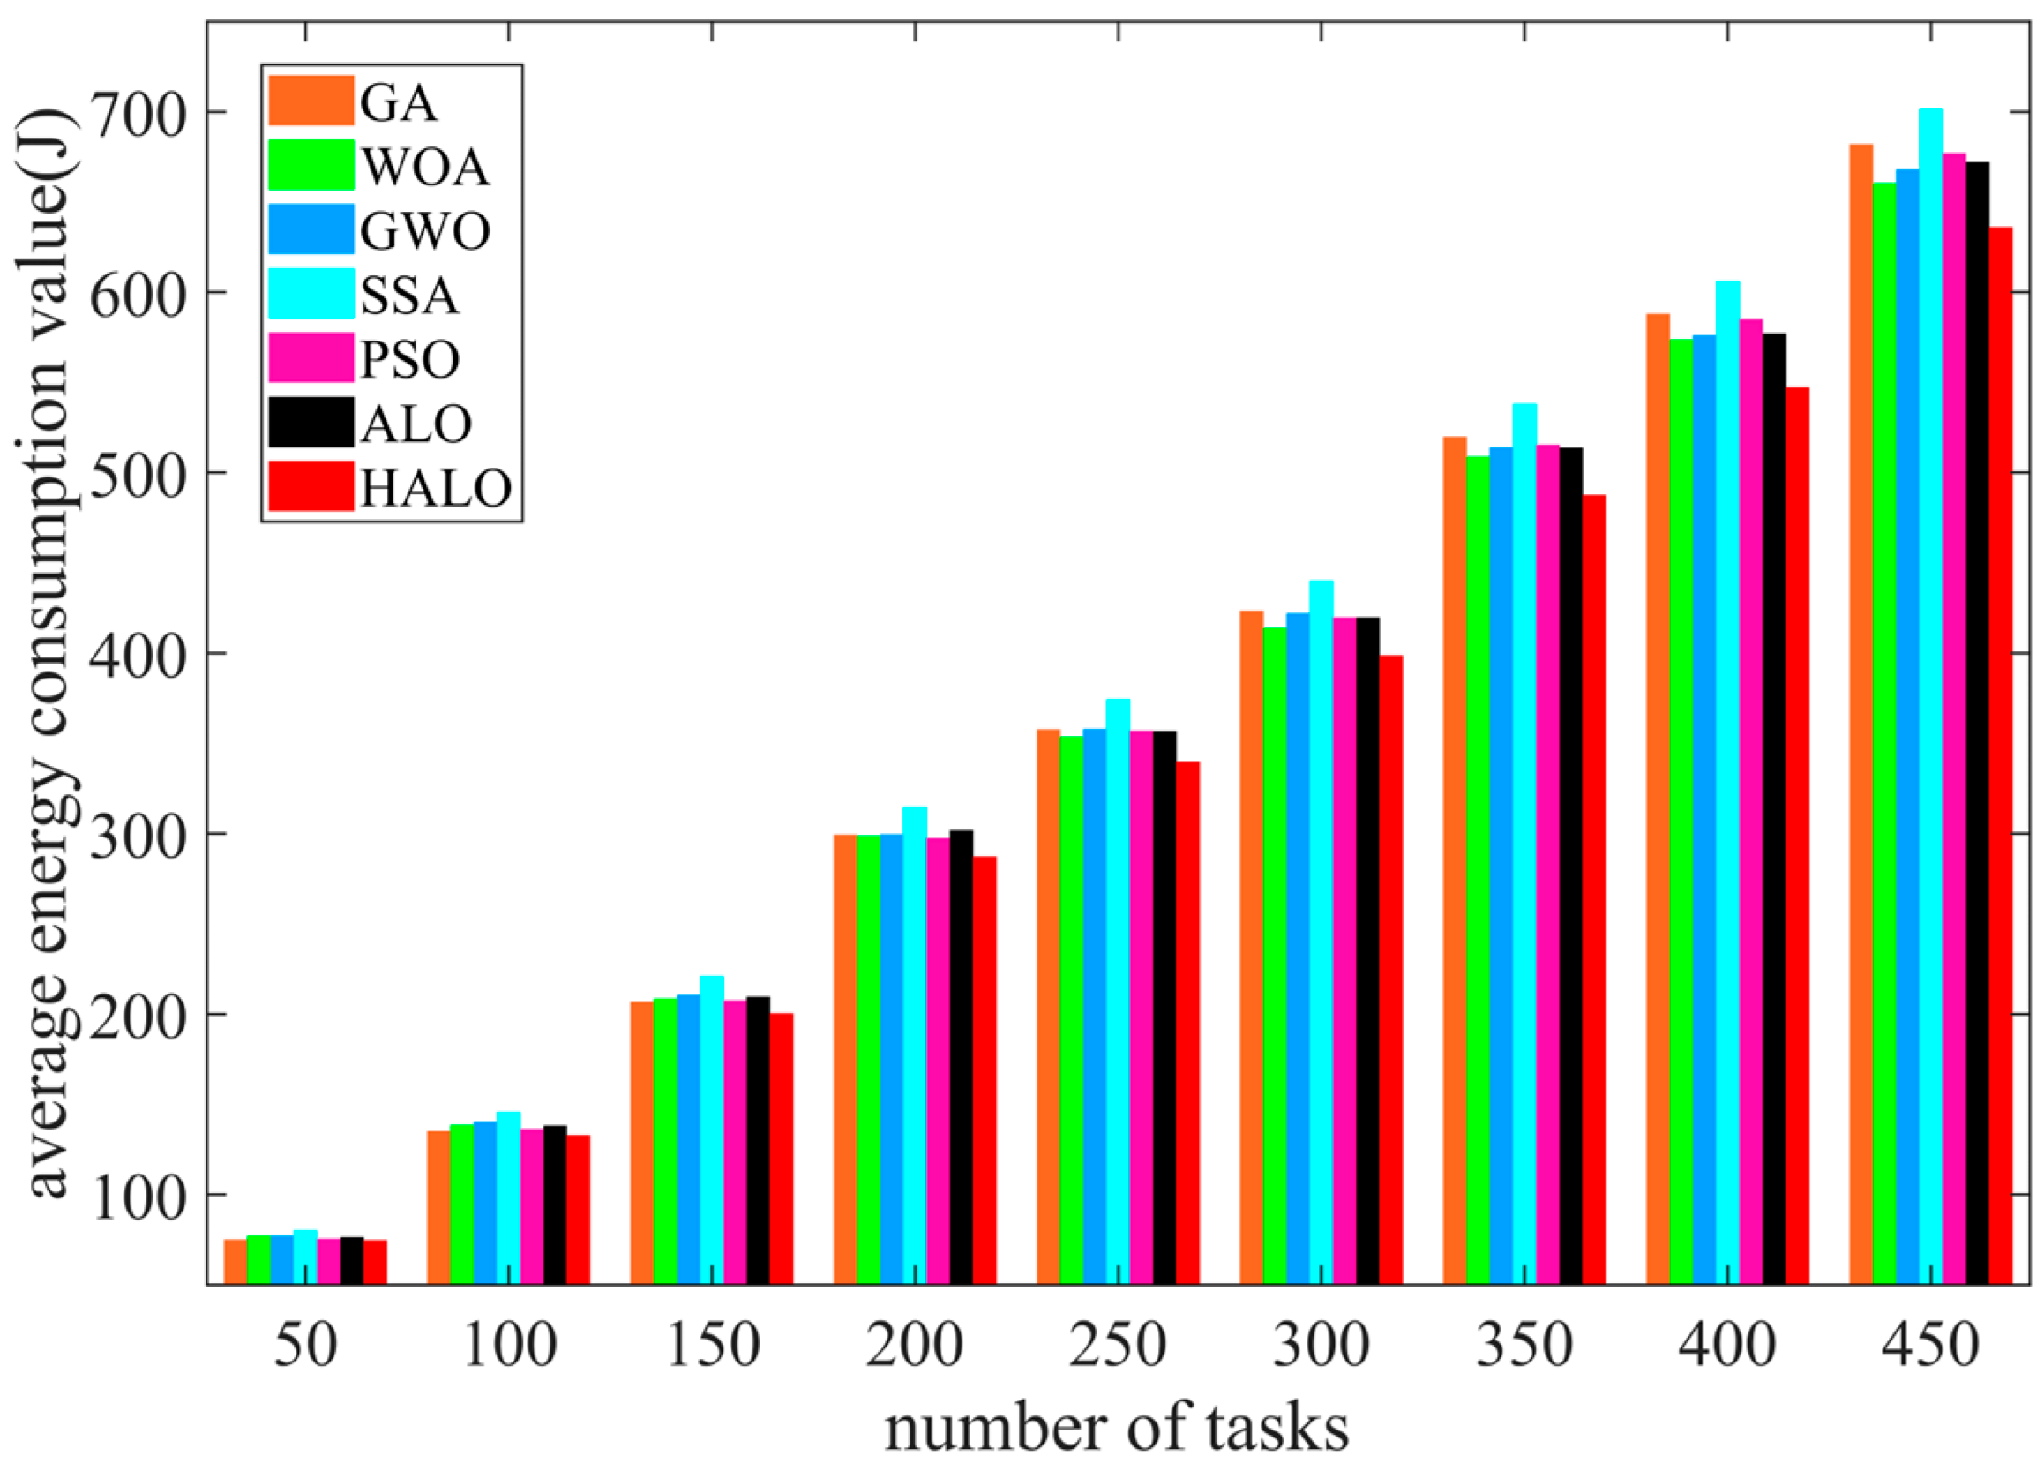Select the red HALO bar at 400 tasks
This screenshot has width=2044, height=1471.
point(1797,835)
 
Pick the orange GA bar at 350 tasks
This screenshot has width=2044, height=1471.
point(1455,859)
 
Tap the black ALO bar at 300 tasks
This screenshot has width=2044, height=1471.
point(1367,950)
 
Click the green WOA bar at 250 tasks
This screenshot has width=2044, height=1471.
point(1072,1009)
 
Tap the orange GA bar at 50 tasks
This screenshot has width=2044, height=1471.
point(236,1261)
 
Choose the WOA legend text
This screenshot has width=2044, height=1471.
point(425,168)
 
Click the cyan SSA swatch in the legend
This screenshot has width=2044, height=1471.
point(311,294)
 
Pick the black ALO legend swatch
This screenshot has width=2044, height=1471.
point(311,422)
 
